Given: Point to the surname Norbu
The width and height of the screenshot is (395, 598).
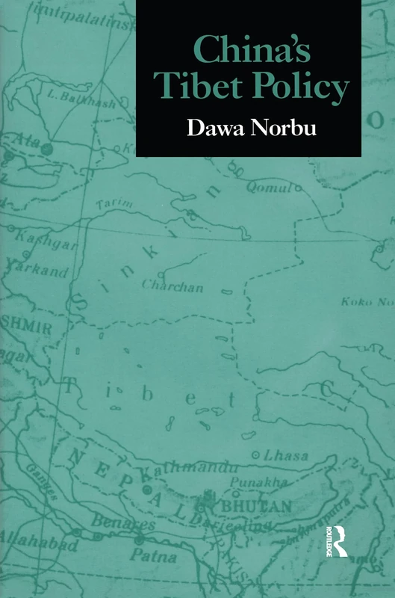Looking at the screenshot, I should pos(295,128).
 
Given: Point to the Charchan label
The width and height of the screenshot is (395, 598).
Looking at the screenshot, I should pos(172,285).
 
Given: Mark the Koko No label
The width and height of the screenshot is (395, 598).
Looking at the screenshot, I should pos(367,302).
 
